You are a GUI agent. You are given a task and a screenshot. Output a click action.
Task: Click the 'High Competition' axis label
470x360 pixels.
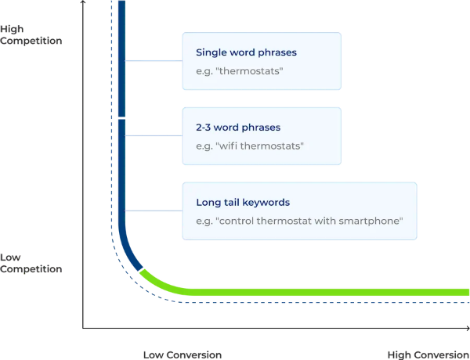pos(31,34)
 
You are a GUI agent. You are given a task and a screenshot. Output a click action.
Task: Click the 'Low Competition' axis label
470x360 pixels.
pos(31,263)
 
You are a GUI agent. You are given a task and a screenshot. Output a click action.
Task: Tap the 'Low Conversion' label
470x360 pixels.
pos(183,355)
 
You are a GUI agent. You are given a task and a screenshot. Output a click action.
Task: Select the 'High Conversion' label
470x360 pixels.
pos(428,355)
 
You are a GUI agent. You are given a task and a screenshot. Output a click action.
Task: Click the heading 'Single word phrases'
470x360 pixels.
pos(246,52)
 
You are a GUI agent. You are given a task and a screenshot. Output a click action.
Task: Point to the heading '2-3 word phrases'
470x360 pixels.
pos(238,128)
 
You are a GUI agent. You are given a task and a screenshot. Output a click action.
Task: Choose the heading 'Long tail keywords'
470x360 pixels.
pos(243,202)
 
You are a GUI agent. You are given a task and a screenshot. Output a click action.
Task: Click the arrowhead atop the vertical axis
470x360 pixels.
pos(83,2)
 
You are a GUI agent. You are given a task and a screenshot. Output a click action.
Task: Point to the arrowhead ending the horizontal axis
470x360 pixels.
pos(468,328)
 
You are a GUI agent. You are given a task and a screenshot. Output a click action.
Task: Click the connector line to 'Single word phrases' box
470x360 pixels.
pos(154,61)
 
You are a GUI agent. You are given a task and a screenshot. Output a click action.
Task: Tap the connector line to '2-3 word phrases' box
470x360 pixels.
pos(154,135)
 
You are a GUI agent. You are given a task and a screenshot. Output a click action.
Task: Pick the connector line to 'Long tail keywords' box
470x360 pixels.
pos(154,211)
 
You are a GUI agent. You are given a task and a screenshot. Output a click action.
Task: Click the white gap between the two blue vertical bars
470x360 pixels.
pos(121,118)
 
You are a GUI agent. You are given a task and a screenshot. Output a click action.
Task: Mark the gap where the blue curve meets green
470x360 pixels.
pos(141,268)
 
